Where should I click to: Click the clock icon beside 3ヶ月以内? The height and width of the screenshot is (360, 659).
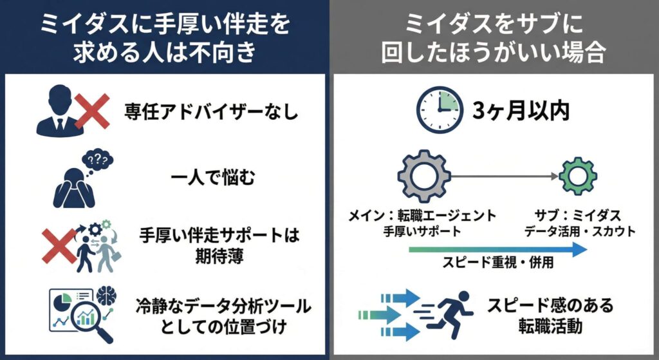[x=440, y=110]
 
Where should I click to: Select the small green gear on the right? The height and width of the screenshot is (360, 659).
[x=578, y=176]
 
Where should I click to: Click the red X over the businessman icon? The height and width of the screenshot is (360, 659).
[x=92, y=111]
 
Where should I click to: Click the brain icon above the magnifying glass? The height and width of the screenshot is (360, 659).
[x=106, y=296]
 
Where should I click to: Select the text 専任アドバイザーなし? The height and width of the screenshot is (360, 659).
[x=211, y=112]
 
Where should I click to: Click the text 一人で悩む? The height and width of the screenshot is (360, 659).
[x=213, y=178]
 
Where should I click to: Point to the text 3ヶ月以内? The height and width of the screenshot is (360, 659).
[x=521, y=111]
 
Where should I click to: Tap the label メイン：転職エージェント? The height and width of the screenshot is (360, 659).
[x=422, y=216]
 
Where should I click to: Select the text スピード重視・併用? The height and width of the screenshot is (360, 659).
[x=498, y=262]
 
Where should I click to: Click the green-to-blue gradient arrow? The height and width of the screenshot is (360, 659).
[x=497, y=249]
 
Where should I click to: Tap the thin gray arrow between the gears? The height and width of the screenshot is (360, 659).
[x=505, y=176]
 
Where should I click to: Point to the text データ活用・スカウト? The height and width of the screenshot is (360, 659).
[x=580, y=231]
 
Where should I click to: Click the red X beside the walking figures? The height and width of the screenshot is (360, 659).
[x=59, y=246]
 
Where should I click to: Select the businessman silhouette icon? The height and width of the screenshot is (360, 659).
[x=60, y=112]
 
